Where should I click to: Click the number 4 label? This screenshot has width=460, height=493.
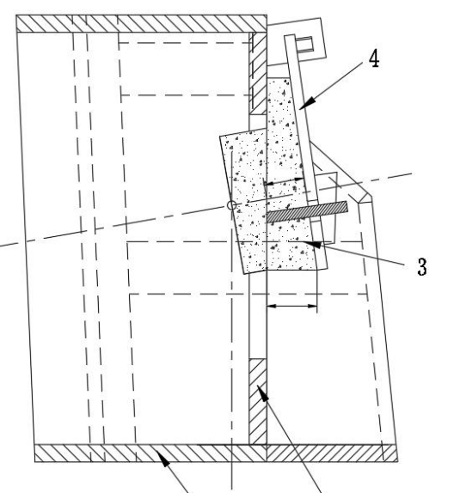click(374, 58)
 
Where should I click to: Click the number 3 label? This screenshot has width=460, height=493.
click(422, 266)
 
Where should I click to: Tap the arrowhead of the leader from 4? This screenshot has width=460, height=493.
click(308, 103)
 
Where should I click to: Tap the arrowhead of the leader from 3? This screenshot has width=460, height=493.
click(312, 244)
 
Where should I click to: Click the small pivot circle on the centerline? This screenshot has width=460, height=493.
click(232, 205)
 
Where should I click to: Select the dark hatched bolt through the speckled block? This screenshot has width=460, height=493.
click(307, 212)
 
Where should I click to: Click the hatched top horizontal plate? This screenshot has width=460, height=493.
click(142, 23)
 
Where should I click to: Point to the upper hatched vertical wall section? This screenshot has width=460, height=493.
click(258, 73)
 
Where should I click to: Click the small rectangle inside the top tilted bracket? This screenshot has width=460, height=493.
click(305, 44)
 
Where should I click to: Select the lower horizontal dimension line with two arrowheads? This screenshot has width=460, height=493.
click(291, 306)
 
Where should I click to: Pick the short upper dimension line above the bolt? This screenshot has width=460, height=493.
click(284, 181)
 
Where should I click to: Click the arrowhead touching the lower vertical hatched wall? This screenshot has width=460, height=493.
click(263, 393)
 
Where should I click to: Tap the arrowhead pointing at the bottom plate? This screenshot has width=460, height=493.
click(163, 459)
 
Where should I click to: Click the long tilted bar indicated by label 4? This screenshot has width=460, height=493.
click(306, 152)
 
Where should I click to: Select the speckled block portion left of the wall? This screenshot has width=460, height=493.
click(243, 201)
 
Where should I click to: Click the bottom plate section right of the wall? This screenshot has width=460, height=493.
click(332, 453)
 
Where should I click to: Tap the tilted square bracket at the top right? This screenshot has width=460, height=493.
click(296, 42)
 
